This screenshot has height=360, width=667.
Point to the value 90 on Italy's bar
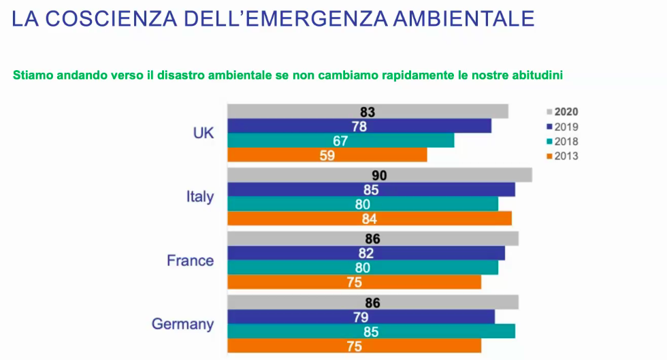pos(379,176)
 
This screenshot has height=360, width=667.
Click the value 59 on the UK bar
pos(327,154)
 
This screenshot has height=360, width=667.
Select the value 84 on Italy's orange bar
pos(370,218)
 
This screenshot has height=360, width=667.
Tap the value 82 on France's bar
pos(366,253)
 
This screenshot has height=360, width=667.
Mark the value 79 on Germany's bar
pos(361,317)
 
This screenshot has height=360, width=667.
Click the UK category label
pos(204,133)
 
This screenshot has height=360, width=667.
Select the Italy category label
pos(199,197)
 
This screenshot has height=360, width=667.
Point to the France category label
pos(190,261)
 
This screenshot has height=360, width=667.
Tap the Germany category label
pos(182,324)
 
